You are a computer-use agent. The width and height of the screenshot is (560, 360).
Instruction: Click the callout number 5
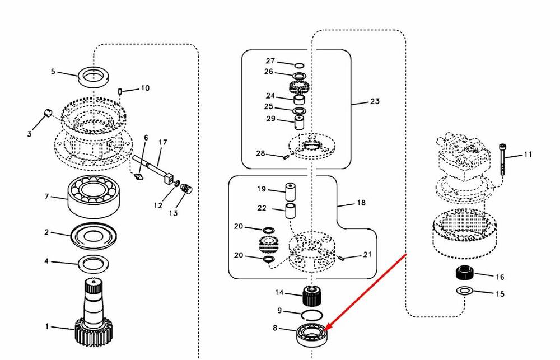tap(53, 72)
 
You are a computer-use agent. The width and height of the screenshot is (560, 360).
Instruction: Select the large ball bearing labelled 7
tap(93, 196)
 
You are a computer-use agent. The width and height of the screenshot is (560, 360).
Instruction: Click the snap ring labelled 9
tap(312, 316)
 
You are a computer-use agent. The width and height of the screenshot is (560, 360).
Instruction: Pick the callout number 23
tap(375, 101)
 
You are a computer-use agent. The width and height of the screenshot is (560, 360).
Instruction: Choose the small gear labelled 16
tap(465, 273)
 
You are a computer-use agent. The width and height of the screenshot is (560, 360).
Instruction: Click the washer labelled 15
tap(464, 291)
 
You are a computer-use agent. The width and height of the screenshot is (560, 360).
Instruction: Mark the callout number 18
tap(361, 203)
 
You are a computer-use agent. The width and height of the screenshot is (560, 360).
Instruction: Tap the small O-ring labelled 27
tap(299, 66)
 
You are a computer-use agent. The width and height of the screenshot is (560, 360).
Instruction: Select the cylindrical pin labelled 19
tap(290, 193)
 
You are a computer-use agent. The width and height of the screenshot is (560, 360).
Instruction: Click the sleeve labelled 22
tap(290, 211)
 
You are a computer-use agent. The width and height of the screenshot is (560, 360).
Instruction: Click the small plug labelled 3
tap(48, 113)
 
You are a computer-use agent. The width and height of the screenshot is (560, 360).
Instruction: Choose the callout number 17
tap(162, 142)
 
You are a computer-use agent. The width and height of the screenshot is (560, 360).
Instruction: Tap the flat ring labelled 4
tap(93, 264)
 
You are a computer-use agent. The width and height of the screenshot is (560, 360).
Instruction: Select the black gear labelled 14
tap(312, 296)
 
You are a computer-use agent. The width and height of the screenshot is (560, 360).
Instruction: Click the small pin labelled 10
tap(120, 91)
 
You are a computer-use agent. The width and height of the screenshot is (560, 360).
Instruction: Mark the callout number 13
tap(173, 213)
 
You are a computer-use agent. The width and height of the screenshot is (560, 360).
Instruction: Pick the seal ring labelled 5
tap(94, 77)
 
